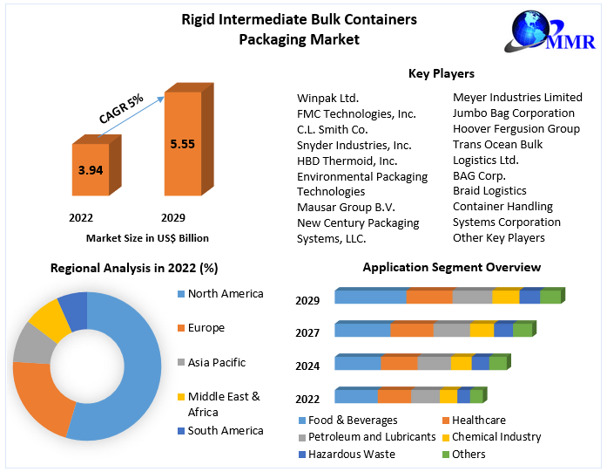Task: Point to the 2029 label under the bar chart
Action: pos(172,217)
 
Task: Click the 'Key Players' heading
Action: pos(441,74)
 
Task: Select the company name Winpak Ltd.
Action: pos(327,98)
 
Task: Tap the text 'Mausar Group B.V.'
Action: pos(346,207)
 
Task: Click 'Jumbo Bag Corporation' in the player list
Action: pos(513,113)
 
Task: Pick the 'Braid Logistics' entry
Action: pos(489,190)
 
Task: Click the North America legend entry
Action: pos(225,294)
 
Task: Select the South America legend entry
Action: pos(225,430)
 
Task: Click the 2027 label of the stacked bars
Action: pos(307,332)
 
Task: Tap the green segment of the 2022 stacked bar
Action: pos(475,396)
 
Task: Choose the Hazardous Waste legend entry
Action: pos(351,454)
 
